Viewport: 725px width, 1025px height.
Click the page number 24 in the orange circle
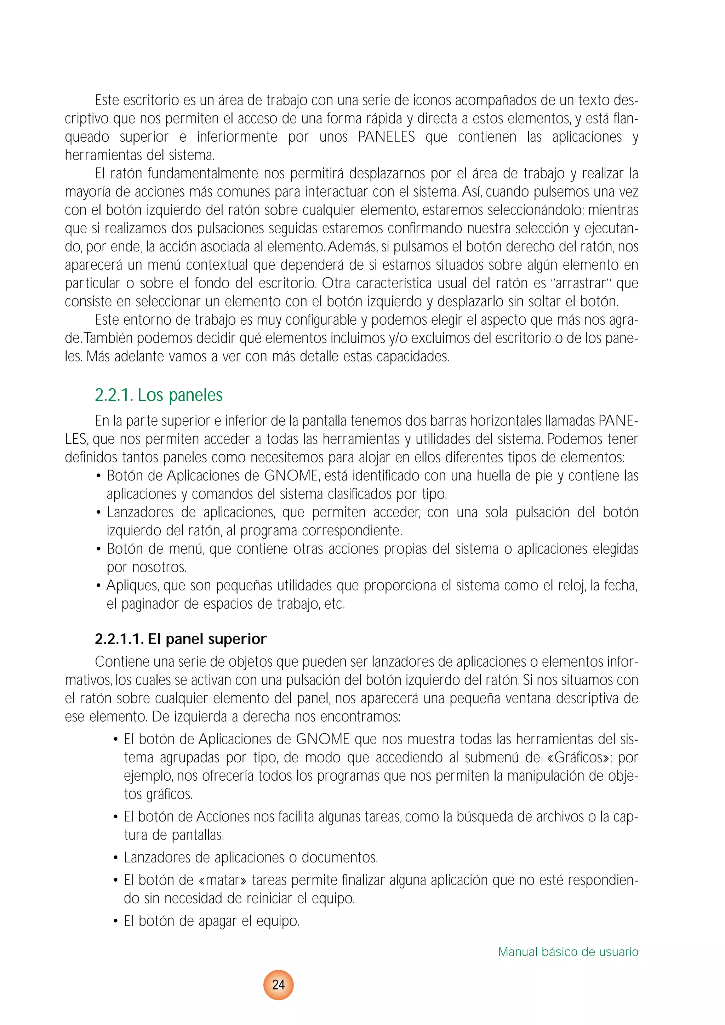(278, 984)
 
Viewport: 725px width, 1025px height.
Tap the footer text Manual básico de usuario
(568, 952)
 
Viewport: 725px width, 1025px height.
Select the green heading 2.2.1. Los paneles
(159, 395)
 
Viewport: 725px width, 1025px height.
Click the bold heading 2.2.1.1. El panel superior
(180, 639)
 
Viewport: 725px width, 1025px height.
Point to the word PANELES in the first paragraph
(387, 137)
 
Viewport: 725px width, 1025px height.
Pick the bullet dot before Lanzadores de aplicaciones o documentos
(116, 858)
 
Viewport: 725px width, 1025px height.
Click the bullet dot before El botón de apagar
(116, 921)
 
